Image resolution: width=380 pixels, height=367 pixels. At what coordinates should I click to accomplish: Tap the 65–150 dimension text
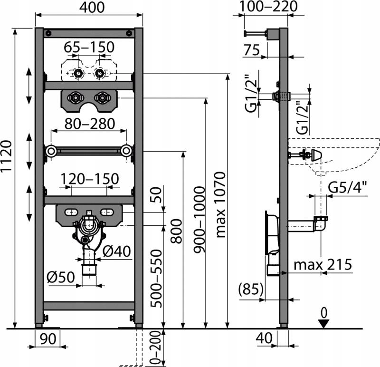pyautogui.click(x=89, y=48)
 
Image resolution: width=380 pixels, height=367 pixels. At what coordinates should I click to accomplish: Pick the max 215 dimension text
pyautogui.click(x=323, y=264)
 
